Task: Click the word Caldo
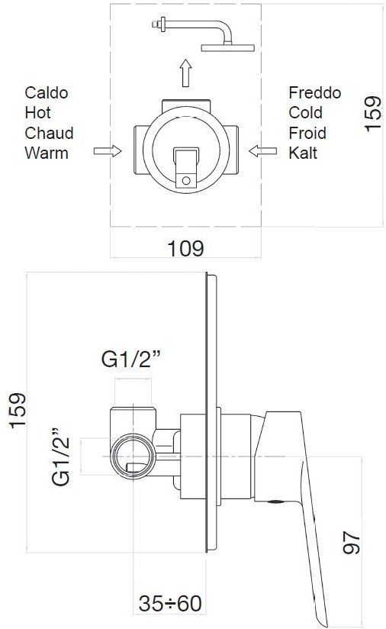point(46,92)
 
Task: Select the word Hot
point(37,113)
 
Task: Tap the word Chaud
point(49,133)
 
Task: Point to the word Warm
point(46,153)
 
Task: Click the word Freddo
point(314,92)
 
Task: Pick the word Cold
point(305,113)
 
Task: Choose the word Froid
point(307,133)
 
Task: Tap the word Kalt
point(303,153)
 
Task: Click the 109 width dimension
point(185,249)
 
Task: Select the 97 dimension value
point(351,543)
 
